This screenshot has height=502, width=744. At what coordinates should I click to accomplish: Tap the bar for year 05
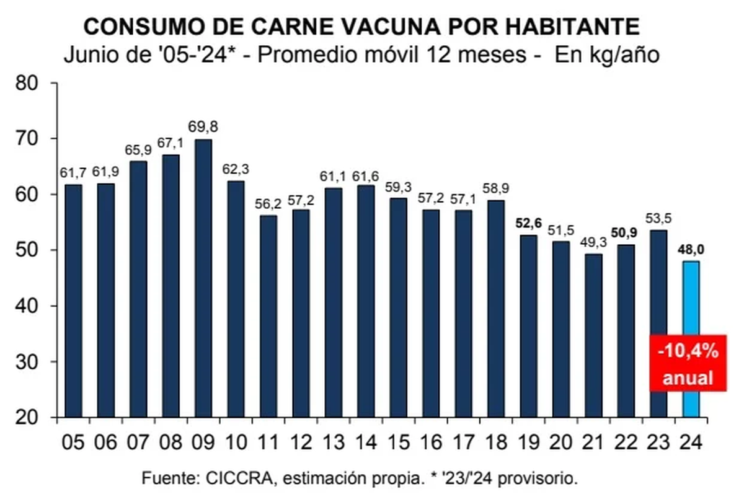73,301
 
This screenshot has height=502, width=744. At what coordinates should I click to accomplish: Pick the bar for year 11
268,316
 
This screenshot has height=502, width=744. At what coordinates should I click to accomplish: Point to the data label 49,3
593,242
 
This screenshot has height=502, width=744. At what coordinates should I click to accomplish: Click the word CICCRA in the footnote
232,479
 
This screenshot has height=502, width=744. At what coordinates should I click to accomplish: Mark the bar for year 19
528,326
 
